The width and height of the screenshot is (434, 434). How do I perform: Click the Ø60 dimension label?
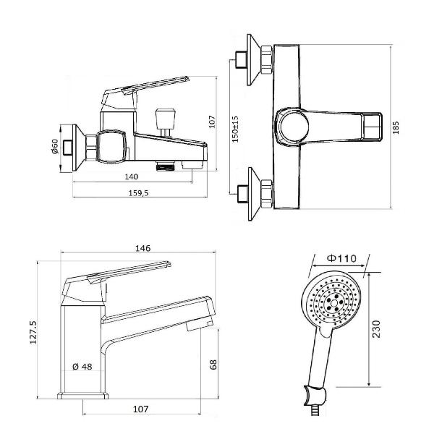click(x=55, y=146)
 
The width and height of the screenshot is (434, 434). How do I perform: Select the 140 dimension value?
click(x=131, y=176)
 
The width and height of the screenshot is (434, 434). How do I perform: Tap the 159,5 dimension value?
click(x=138, y=193)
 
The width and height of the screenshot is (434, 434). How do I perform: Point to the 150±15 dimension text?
click(x=235, y=129)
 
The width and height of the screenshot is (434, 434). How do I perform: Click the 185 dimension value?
click(x=396, y=127)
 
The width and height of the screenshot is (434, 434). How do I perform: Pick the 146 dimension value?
click(x=142, y=248)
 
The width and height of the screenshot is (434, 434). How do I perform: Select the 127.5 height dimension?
click(x=33, y=333)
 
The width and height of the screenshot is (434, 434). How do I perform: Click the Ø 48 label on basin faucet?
click(x=82, y=367)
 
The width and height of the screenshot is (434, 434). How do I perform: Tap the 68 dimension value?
click(x=213, y=365)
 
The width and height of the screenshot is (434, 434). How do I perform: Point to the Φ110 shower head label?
click(x=341, y=258)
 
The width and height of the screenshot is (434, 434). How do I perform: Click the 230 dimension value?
click(x=376, y=329)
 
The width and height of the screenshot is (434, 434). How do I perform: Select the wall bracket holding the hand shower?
click(x=315, y=395)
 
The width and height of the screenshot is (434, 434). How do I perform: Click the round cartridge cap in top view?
click(x=294, y=126)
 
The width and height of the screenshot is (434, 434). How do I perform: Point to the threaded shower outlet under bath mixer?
click(x=166, y=166)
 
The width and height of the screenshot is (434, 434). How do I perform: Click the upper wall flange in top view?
click(x=253, y=60)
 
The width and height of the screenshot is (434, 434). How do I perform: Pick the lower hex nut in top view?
click(x=267, y=194)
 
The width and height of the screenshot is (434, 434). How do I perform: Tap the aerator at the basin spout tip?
click(x=200, y=324)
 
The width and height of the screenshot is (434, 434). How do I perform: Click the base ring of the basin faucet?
click(x=82, y=396)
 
